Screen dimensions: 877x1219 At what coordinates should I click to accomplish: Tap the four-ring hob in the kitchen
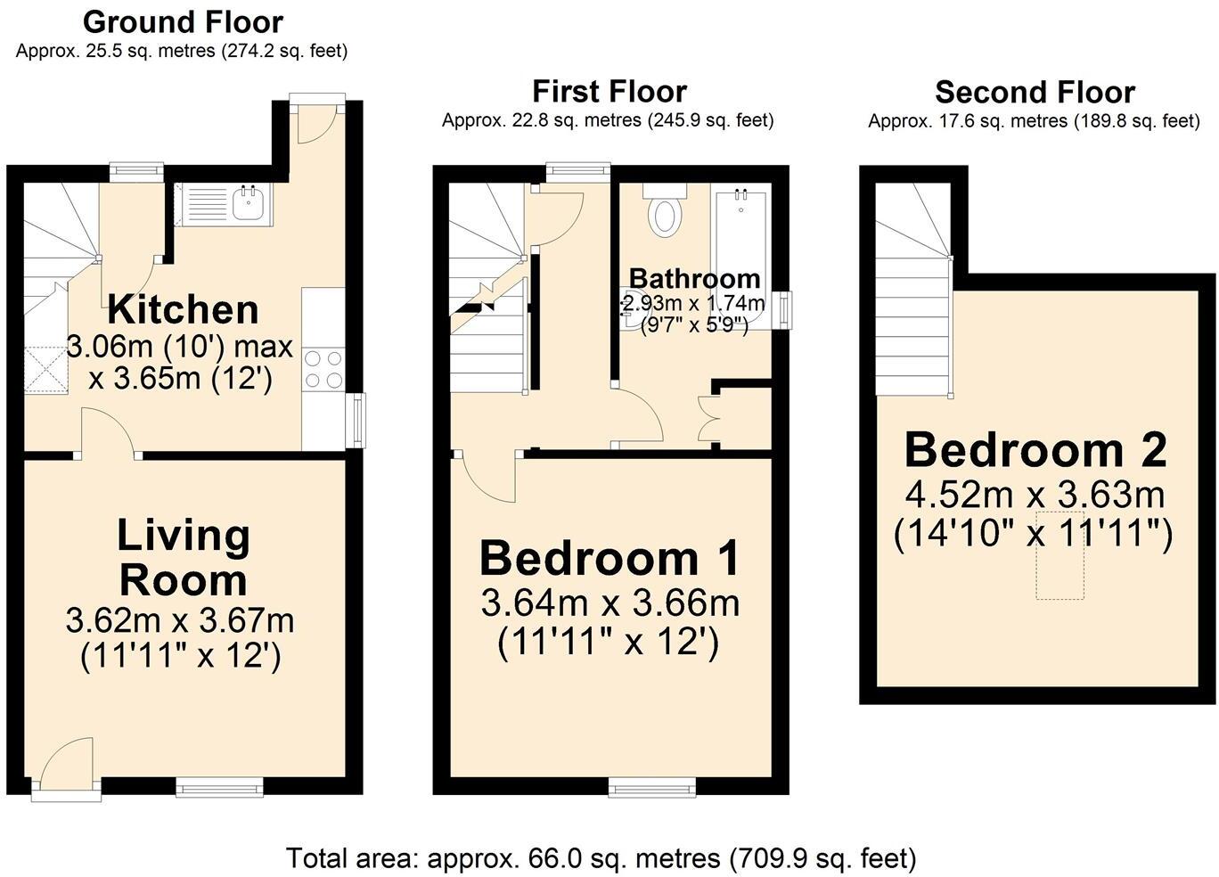323,369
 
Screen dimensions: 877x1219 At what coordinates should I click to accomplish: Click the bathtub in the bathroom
740,254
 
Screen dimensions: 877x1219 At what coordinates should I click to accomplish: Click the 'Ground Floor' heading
183,21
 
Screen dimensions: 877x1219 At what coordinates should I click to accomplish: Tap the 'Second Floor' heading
1035,92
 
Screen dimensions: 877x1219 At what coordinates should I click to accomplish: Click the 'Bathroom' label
694,278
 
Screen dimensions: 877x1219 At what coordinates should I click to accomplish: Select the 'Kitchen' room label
183,310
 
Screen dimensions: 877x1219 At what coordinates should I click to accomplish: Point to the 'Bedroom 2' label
1035,450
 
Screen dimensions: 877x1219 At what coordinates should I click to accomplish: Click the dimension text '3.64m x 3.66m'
609,603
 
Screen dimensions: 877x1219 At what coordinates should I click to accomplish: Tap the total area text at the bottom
601,858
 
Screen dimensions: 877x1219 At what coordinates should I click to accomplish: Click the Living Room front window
219,785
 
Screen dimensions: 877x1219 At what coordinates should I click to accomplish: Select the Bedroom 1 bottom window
652,785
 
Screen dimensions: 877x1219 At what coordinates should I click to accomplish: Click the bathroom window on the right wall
782,310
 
